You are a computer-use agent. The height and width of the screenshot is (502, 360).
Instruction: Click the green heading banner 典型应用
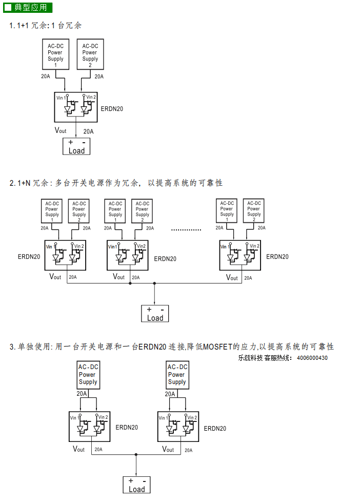coord(28,7)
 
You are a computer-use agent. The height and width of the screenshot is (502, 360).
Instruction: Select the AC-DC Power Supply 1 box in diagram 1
coord(56,54)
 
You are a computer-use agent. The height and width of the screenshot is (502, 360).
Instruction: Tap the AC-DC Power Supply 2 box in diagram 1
coord(90,54)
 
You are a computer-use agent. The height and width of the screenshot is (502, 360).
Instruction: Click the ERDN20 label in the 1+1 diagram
coord(112,109)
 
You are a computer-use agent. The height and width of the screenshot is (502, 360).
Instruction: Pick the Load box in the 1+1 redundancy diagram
coord(76,146)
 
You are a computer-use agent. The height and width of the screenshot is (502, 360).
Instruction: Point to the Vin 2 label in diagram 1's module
coord(91,97)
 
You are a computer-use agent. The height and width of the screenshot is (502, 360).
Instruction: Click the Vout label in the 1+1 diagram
coord(61,130)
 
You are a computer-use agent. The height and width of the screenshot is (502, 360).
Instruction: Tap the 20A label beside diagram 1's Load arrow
coord(88,131)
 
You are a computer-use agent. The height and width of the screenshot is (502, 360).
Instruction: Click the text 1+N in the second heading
coord(24,183)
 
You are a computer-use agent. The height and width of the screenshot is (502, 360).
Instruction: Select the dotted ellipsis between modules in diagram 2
coord(186,230)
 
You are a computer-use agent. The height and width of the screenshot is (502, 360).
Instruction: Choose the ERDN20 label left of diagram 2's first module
coord(29,257)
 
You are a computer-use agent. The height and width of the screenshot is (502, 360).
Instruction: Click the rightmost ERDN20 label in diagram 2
coord(277,257)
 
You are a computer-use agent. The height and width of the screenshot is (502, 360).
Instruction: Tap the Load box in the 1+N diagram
coord(155,314)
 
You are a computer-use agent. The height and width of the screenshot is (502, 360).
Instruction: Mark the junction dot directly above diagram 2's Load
coord(154,283)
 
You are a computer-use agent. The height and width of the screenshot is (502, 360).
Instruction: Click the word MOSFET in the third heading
coord(217,346)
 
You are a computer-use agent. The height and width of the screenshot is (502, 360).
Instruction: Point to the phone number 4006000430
coord(312,358)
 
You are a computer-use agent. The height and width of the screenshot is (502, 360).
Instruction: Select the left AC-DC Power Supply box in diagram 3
coord(89,375)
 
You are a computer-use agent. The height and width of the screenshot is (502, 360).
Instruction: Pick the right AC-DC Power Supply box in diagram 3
coord(177,375)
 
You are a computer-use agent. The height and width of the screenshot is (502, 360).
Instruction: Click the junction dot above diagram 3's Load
coord(136,455)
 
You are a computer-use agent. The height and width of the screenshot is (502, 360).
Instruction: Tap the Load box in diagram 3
coord(136,485)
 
